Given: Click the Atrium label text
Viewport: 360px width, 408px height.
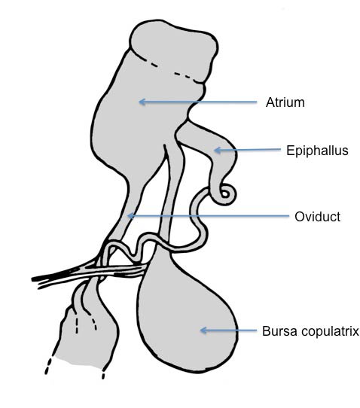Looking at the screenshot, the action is [285, 102].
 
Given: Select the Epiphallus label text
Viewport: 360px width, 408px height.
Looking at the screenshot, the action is [317, 151].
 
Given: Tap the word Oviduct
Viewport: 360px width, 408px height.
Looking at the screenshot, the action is [317, 217].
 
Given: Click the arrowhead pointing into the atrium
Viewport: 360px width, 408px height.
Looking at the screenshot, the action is [141, 102].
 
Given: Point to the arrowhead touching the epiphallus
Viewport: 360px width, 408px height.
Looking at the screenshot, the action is [217, 150].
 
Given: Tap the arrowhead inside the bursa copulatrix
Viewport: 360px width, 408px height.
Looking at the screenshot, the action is [203, 330].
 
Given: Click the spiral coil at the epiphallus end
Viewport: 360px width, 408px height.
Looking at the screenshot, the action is [225, 194].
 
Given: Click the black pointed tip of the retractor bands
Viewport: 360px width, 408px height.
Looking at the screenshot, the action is [33, 279].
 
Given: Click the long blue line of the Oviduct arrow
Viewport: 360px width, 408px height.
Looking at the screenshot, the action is [209, 216].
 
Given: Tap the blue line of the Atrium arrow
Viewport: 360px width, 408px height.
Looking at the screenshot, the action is [198, 102].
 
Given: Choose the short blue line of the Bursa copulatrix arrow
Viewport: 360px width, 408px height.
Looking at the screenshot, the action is [228, 330].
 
